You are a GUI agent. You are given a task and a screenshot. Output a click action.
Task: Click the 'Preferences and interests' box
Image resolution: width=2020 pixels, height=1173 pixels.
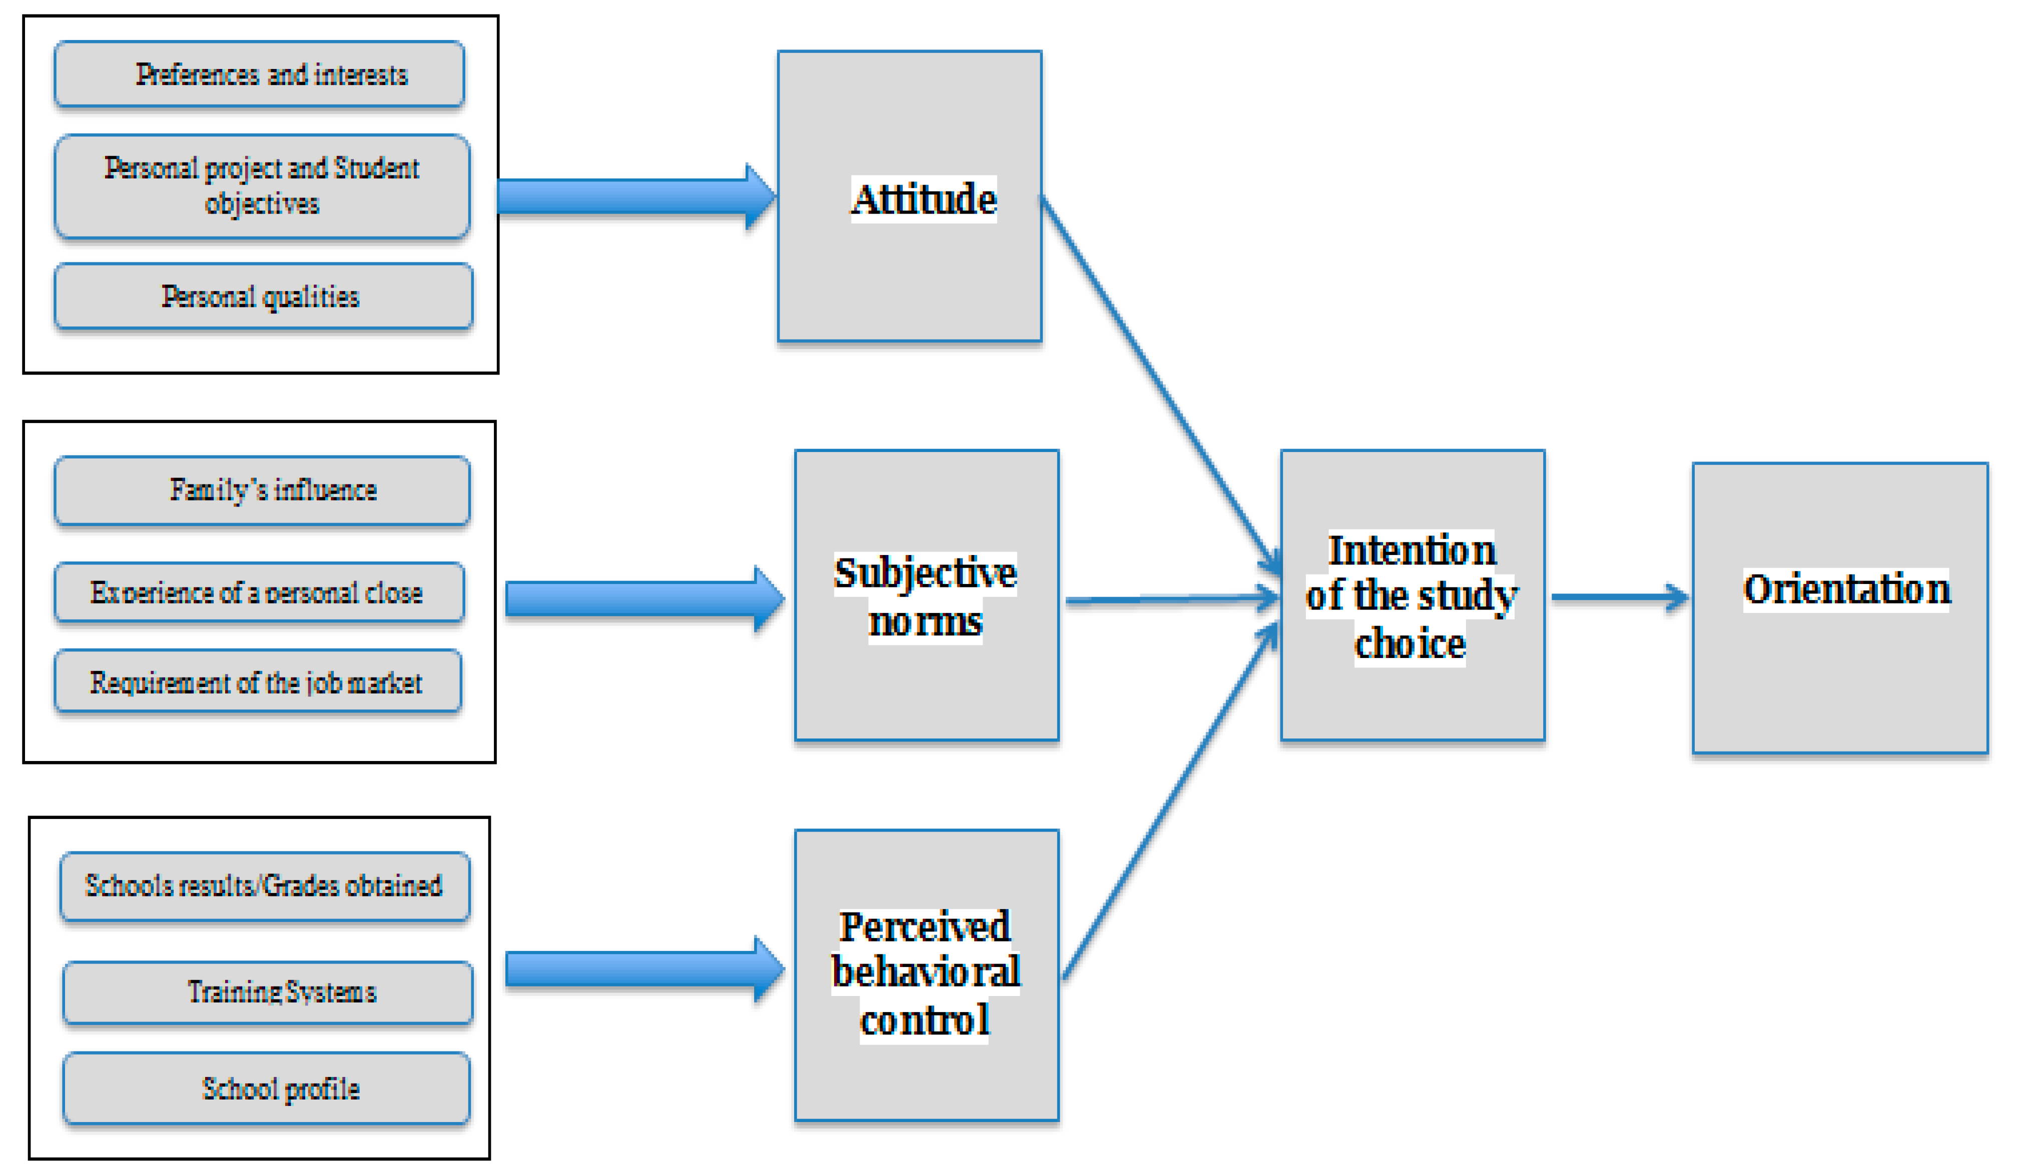click(x=259, y=74)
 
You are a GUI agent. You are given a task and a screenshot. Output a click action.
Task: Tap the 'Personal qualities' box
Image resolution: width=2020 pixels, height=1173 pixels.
click(x=262, y=296)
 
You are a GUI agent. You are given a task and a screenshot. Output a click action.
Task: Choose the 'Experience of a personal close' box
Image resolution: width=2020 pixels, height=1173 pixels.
click(x=258, y=592)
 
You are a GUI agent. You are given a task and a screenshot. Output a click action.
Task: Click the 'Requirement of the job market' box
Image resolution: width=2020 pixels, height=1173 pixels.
click(x=257, y=682)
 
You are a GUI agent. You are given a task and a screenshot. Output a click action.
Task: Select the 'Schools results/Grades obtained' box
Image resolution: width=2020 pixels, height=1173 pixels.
click(x=265, y=886)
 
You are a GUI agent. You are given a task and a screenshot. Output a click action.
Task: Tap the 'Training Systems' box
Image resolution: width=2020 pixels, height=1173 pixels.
click(x=268, y=992)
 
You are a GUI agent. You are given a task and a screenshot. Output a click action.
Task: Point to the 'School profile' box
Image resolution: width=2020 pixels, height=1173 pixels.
click(x=266, y=1088)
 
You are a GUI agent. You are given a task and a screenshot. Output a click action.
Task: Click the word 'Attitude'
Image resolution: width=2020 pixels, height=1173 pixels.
click(x=923, y=198)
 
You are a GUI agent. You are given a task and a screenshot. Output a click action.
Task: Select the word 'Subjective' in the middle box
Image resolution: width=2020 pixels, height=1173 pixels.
click(x=925, y=573)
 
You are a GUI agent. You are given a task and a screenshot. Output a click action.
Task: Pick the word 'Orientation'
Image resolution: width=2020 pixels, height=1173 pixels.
click(x=1845, y=589)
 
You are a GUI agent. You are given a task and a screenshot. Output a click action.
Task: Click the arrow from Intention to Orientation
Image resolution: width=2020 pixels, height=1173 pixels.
click(x=1619, y=597)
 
